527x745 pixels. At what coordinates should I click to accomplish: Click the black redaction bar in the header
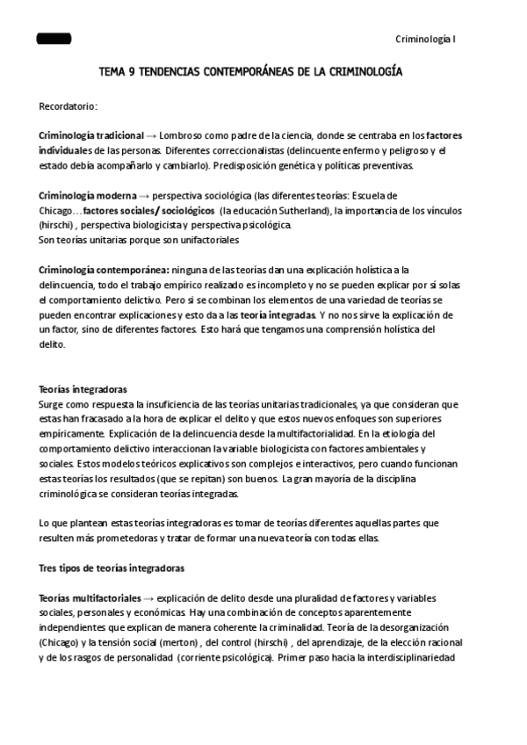[54, 40]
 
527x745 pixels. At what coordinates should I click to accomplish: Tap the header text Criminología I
[426, 40]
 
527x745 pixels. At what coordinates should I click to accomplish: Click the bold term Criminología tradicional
[91, 136]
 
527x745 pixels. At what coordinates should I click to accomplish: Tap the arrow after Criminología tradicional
[151, 136]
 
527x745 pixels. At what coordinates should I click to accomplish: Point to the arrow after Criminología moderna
[144, 195]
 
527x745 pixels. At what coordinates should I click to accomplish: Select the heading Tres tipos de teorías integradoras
[112, 568]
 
